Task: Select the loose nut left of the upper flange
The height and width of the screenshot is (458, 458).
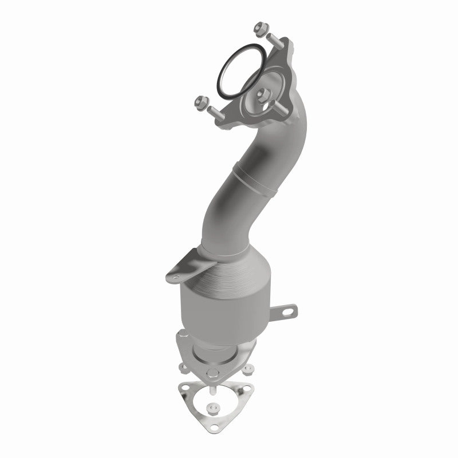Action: click(x=202, y=102)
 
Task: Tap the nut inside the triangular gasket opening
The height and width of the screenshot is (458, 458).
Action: click(x=216, y=410)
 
